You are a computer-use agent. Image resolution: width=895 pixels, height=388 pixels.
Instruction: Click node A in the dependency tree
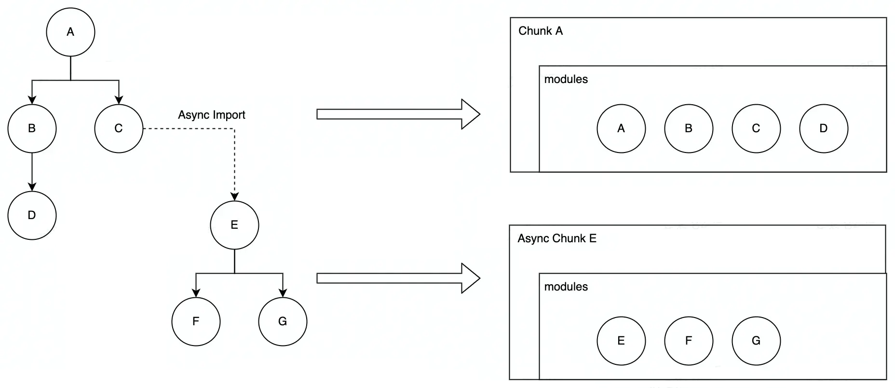tap(70, 32)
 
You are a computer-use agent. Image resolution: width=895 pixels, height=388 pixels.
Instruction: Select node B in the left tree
tap(32, 128)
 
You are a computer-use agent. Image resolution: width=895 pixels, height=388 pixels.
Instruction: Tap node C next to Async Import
tap(119, 128)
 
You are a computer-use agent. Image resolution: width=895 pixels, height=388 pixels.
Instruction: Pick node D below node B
tap(32, 215)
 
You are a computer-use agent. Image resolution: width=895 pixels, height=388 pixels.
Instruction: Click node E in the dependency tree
tap(234, 225)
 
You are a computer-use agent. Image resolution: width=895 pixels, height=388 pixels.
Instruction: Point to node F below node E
tap(196, 321)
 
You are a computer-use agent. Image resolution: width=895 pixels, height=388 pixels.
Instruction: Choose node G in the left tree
tap(283, 321)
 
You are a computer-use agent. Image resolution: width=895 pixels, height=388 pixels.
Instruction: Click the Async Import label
tap(211, 115)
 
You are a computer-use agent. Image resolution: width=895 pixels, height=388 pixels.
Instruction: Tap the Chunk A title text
tap(540, 31)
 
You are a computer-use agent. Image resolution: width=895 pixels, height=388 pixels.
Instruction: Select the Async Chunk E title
tap(556, 238)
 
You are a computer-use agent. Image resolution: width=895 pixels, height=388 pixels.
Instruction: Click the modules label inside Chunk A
tap(566, 79)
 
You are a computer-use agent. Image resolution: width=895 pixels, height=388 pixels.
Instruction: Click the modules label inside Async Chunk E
tap(566, 287)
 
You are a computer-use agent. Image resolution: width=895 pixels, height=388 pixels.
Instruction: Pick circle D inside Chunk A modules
tap(823, 128)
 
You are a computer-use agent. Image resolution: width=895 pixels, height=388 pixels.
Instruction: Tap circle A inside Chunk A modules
tap(621, 128)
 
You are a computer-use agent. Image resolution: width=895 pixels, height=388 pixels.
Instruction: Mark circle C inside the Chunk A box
tap(756, 128)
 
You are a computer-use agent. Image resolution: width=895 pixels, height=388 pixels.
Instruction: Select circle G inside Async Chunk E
tap(756, 341)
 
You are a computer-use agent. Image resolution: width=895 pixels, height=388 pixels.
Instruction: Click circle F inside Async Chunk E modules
tap(688, 341)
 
